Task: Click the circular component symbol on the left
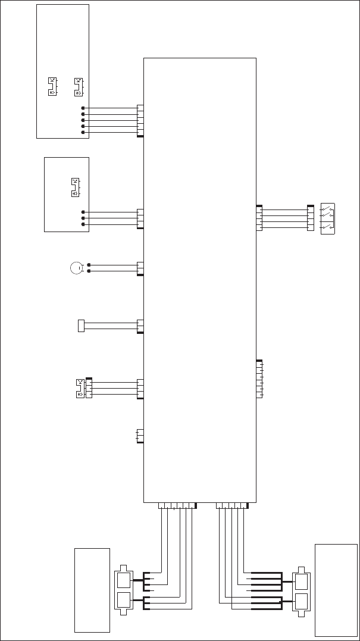76,268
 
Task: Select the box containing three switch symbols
328,218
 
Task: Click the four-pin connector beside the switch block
310,218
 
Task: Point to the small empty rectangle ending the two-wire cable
81,326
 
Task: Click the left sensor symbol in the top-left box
52,87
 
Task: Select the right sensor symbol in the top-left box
78,87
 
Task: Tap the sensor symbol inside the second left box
75,187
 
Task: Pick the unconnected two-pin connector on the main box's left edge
140,436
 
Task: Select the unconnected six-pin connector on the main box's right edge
259,379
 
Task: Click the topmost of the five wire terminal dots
83,108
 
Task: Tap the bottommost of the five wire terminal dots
83,132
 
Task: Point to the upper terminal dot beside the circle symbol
89,265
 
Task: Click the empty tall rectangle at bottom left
92,590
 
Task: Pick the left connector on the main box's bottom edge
177,506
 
